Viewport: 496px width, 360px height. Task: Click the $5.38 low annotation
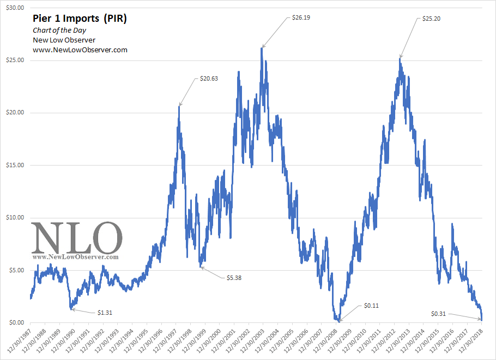tap(233, 278)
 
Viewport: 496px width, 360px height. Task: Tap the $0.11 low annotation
tap(371, 306)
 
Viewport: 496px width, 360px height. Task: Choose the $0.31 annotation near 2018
tap(439, 314)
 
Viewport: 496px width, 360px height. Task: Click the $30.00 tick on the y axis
tap(14, 8)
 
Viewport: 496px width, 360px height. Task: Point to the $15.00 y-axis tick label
tap(14, 166)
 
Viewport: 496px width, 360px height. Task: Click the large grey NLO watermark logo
tap(76, 237)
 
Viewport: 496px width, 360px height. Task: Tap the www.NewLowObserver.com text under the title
tap(80, 50)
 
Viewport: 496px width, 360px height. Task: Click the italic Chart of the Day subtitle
tap(59, 30)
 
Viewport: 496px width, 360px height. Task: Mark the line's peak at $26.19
tap(262, 48)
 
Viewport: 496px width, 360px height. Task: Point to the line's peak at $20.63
tap(179, 106)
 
